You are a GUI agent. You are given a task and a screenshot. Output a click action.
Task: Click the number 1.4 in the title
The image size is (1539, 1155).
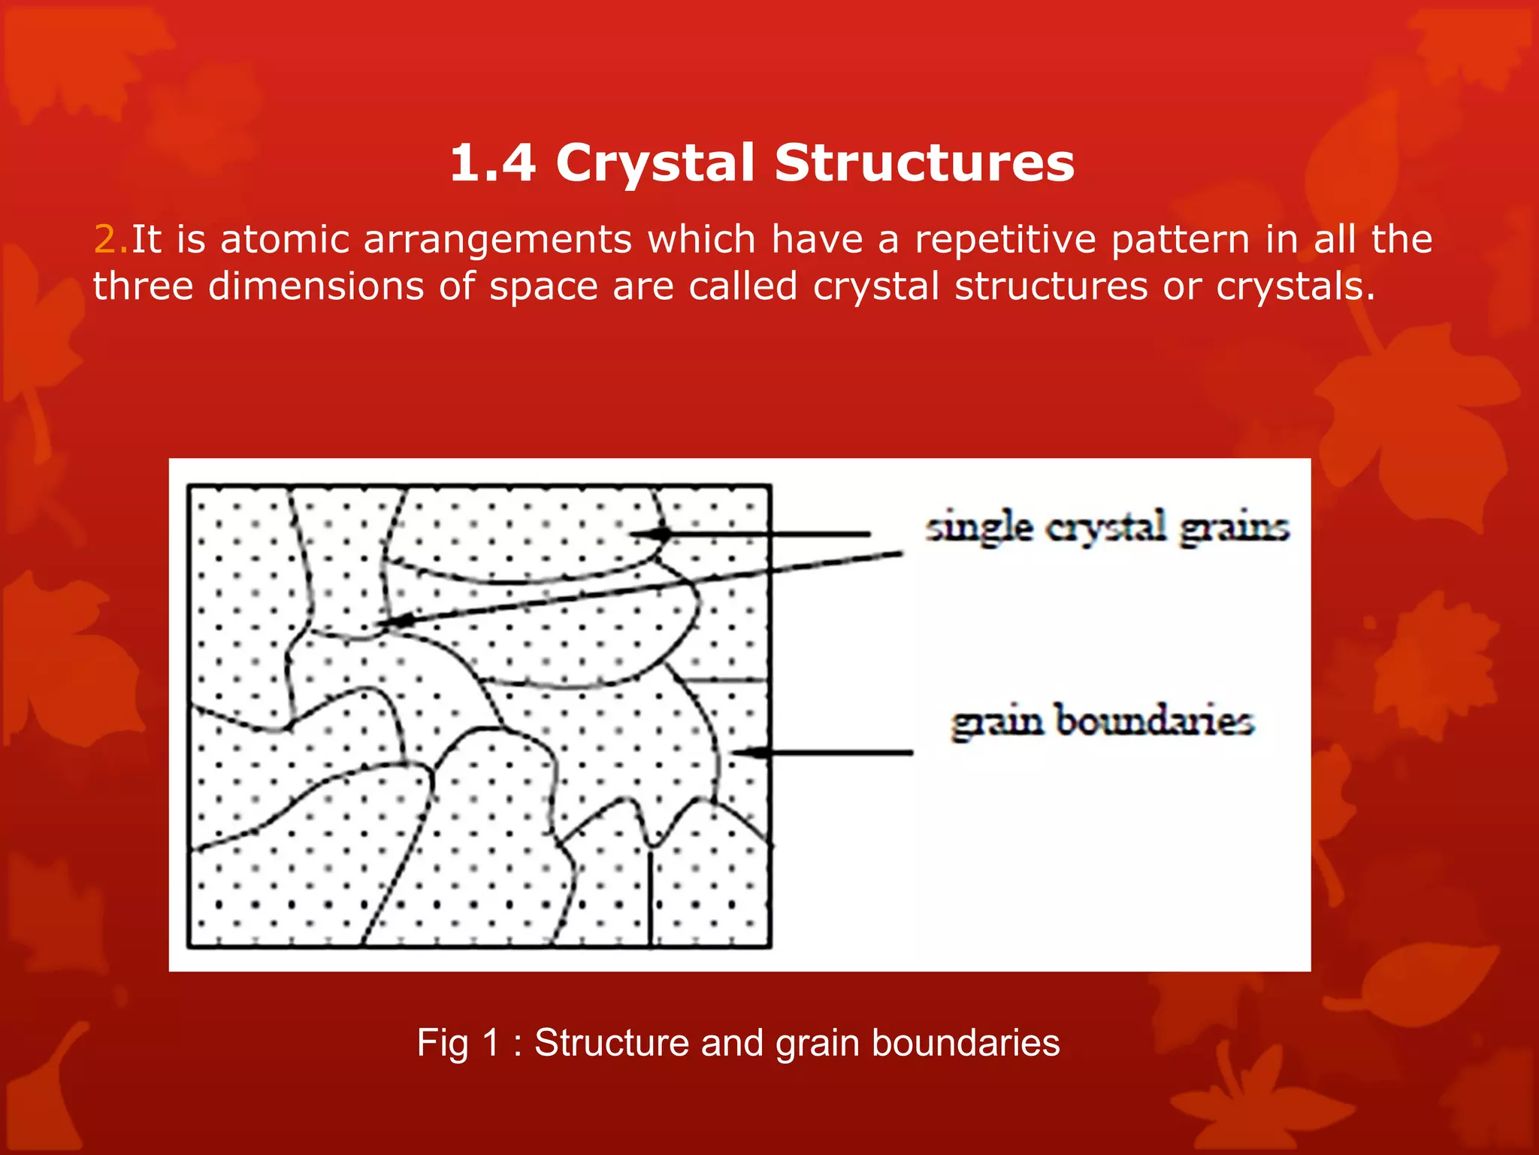pyautogui.click(x=492, y=162)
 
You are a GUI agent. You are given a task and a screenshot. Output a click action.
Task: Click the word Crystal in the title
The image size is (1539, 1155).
pyautogui.click(x=655, y=164)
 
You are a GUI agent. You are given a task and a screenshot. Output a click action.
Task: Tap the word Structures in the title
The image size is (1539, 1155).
pyautogui.click(x=924, y=162)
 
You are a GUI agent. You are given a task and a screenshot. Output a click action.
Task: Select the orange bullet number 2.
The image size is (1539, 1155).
pyautogui.click(x=110, y=239)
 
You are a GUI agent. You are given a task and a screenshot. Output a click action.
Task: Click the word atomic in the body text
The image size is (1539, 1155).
pyautogui.click(x=285, y=239)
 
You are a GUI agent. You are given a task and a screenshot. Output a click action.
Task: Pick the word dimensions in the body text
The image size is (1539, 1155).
pyautogui.click(x=316, y=286)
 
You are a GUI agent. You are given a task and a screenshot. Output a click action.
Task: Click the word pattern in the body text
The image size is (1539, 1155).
pyautogui.click(x=1180, y=241)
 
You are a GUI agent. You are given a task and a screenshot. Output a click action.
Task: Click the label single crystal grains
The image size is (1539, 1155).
pyautogui.click(x=1106, y=526)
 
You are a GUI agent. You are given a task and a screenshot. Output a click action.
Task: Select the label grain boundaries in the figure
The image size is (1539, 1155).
pyautogui.click(x=1102, y=722)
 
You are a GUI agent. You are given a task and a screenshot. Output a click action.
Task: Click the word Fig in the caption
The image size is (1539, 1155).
pyautogui.click(x=443, y=1044)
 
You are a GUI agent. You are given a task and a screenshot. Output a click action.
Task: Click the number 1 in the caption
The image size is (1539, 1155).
pyautogui.click(x=492, y=1044)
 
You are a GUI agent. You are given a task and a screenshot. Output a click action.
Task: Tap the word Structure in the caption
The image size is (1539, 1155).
pyautogui.click(x=611, y=1044)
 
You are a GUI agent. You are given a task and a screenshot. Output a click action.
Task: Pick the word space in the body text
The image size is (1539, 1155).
pyautogui.click(x=543, y=288)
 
